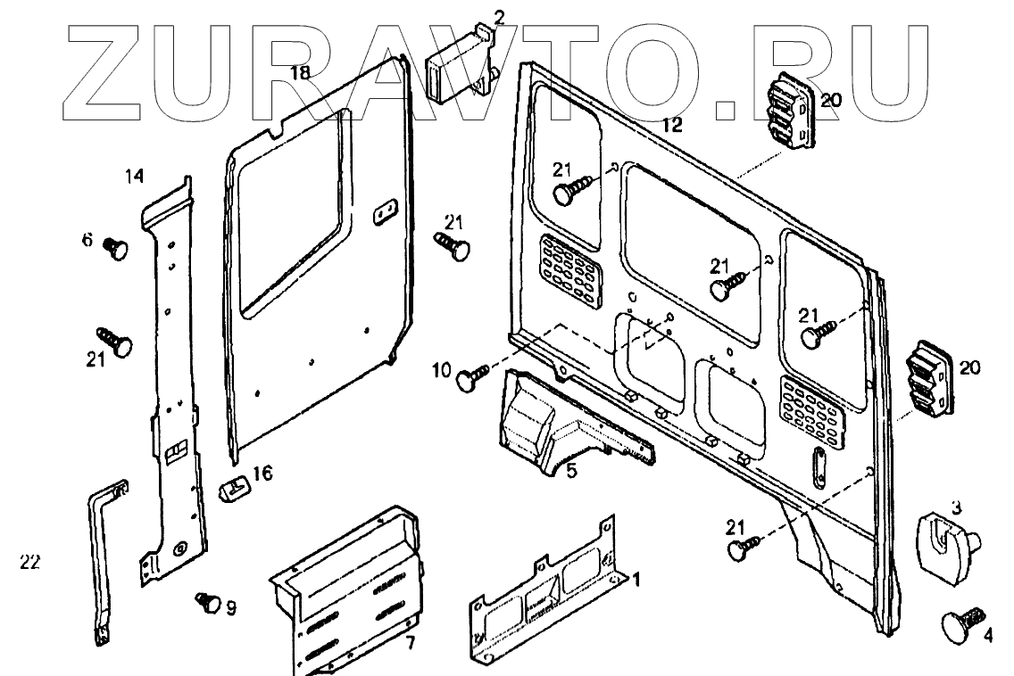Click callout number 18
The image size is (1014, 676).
point(299,73)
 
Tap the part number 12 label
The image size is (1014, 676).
point(671,126)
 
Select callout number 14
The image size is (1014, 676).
point(134,177)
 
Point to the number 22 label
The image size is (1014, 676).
point(30,562)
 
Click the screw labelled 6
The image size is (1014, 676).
point(116,247)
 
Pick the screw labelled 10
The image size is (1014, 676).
point(471,377)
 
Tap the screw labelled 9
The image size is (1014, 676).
point(207,602)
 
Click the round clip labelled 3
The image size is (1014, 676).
point(946,538)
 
